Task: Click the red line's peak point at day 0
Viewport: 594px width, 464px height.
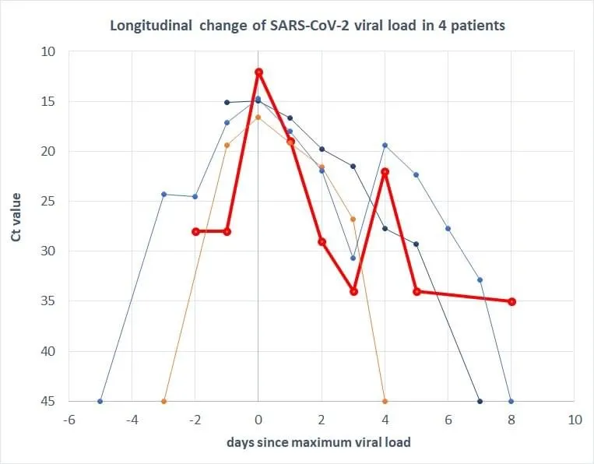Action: [x=258, y=72]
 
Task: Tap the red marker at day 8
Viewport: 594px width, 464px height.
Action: [x=511, y=301]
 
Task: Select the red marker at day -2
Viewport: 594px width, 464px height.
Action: [x=195, y=231]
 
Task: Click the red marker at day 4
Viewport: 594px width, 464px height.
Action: [x=385, y=171]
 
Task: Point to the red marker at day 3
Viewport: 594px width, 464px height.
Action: [x=353, y=291]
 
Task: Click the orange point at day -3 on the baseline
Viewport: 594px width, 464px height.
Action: [x=163, y=401]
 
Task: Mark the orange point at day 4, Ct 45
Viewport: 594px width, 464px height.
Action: [x=385, y=401]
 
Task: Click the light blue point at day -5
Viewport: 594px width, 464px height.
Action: [x=100, y=401]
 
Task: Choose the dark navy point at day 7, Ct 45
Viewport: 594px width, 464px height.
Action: [x=480, y=401]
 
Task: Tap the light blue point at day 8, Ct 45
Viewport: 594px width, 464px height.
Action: [x=511, y=401]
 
